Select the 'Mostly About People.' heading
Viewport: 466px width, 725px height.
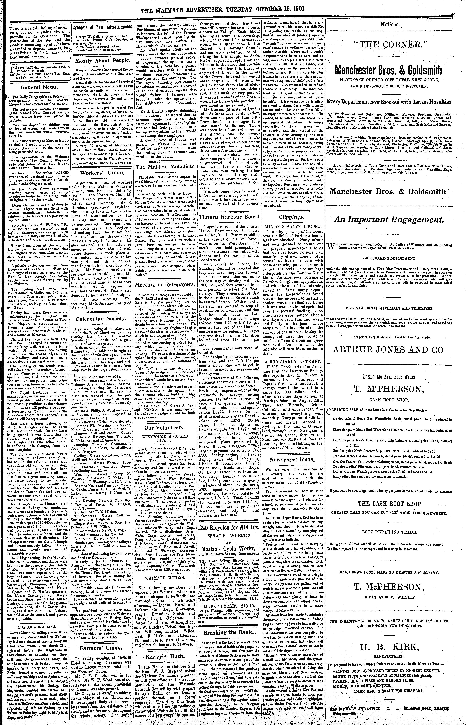(102, 61)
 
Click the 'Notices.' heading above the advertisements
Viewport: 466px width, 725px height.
(390, 25)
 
